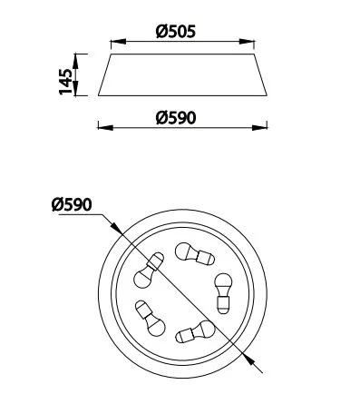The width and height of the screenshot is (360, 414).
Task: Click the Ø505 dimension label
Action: tap(176, 31)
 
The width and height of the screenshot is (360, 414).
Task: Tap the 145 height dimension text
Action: tap(66, 81)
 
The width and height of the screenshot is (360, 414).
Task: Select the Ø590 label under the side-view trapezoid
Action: tap(176, 118)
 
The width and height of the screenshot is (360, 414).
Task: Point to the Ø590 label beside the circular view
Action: tap(72, 204)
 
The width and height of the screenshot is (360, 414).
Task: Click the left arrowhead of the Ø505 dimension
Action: tap(118, 42)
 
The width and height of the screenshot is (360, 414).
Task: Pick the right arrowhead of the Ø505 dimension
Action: tap(247, 42)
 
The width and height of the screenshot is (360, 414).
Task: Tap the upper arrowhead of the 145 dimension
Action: tap(75, 62)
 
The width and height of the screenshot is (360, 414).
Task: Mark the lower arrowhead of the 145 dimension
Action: tap(75, 88)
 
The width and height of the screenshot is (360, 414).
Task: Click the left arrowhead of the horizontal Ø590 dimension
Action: tap(105, 128)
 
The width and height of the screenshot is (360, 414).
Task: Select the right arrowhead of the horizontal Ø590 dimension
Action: tap(259, 128)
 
